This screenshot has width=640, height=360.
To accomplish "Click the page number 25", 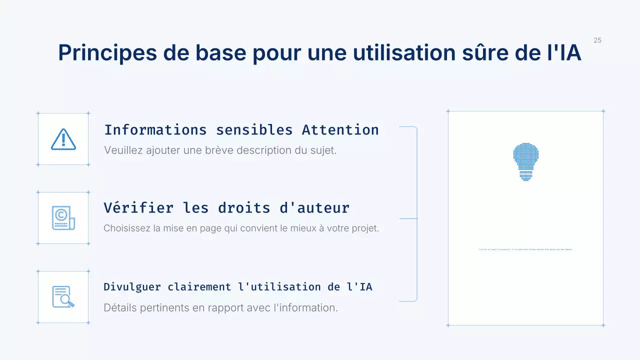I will pyautogui.click(x=597, y=40).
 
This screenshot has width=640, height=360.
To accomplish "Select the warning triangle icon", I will pyautogui.click(x=63, y=139).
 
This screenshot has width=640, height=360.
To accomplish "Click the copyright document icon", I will pyautogui.click(x=63, y=218).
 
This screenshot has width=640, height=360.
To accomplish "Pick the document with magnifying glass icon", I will pyautogui.click(x=63, y=297).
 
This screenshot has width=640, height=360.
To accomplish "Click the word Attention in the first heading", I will pyautogui.click(x=340, y=130).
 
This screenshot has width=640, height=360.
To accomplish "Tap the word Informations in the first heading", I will pyautogui.click(x=155, y=130).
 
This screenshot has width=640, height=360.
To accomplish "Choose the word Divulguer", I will pyautogui.click(x=132, y=287).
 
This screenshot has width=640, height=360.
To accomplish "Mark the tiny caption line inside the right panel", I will pyautogui.click(x=525, y=249).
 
